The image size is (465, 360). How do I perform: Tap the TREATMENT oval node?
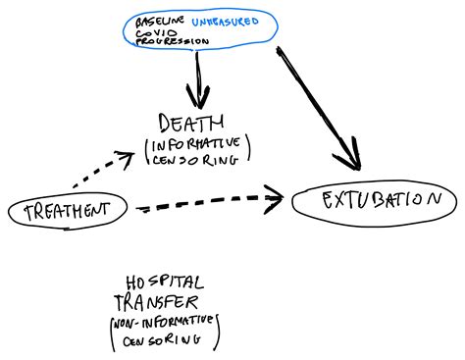click(67, 209)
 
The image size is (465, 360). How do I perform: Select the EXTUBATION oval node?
click(376, 199)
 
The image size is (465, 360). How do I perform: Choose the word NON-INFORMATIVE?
click(167, 322)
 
